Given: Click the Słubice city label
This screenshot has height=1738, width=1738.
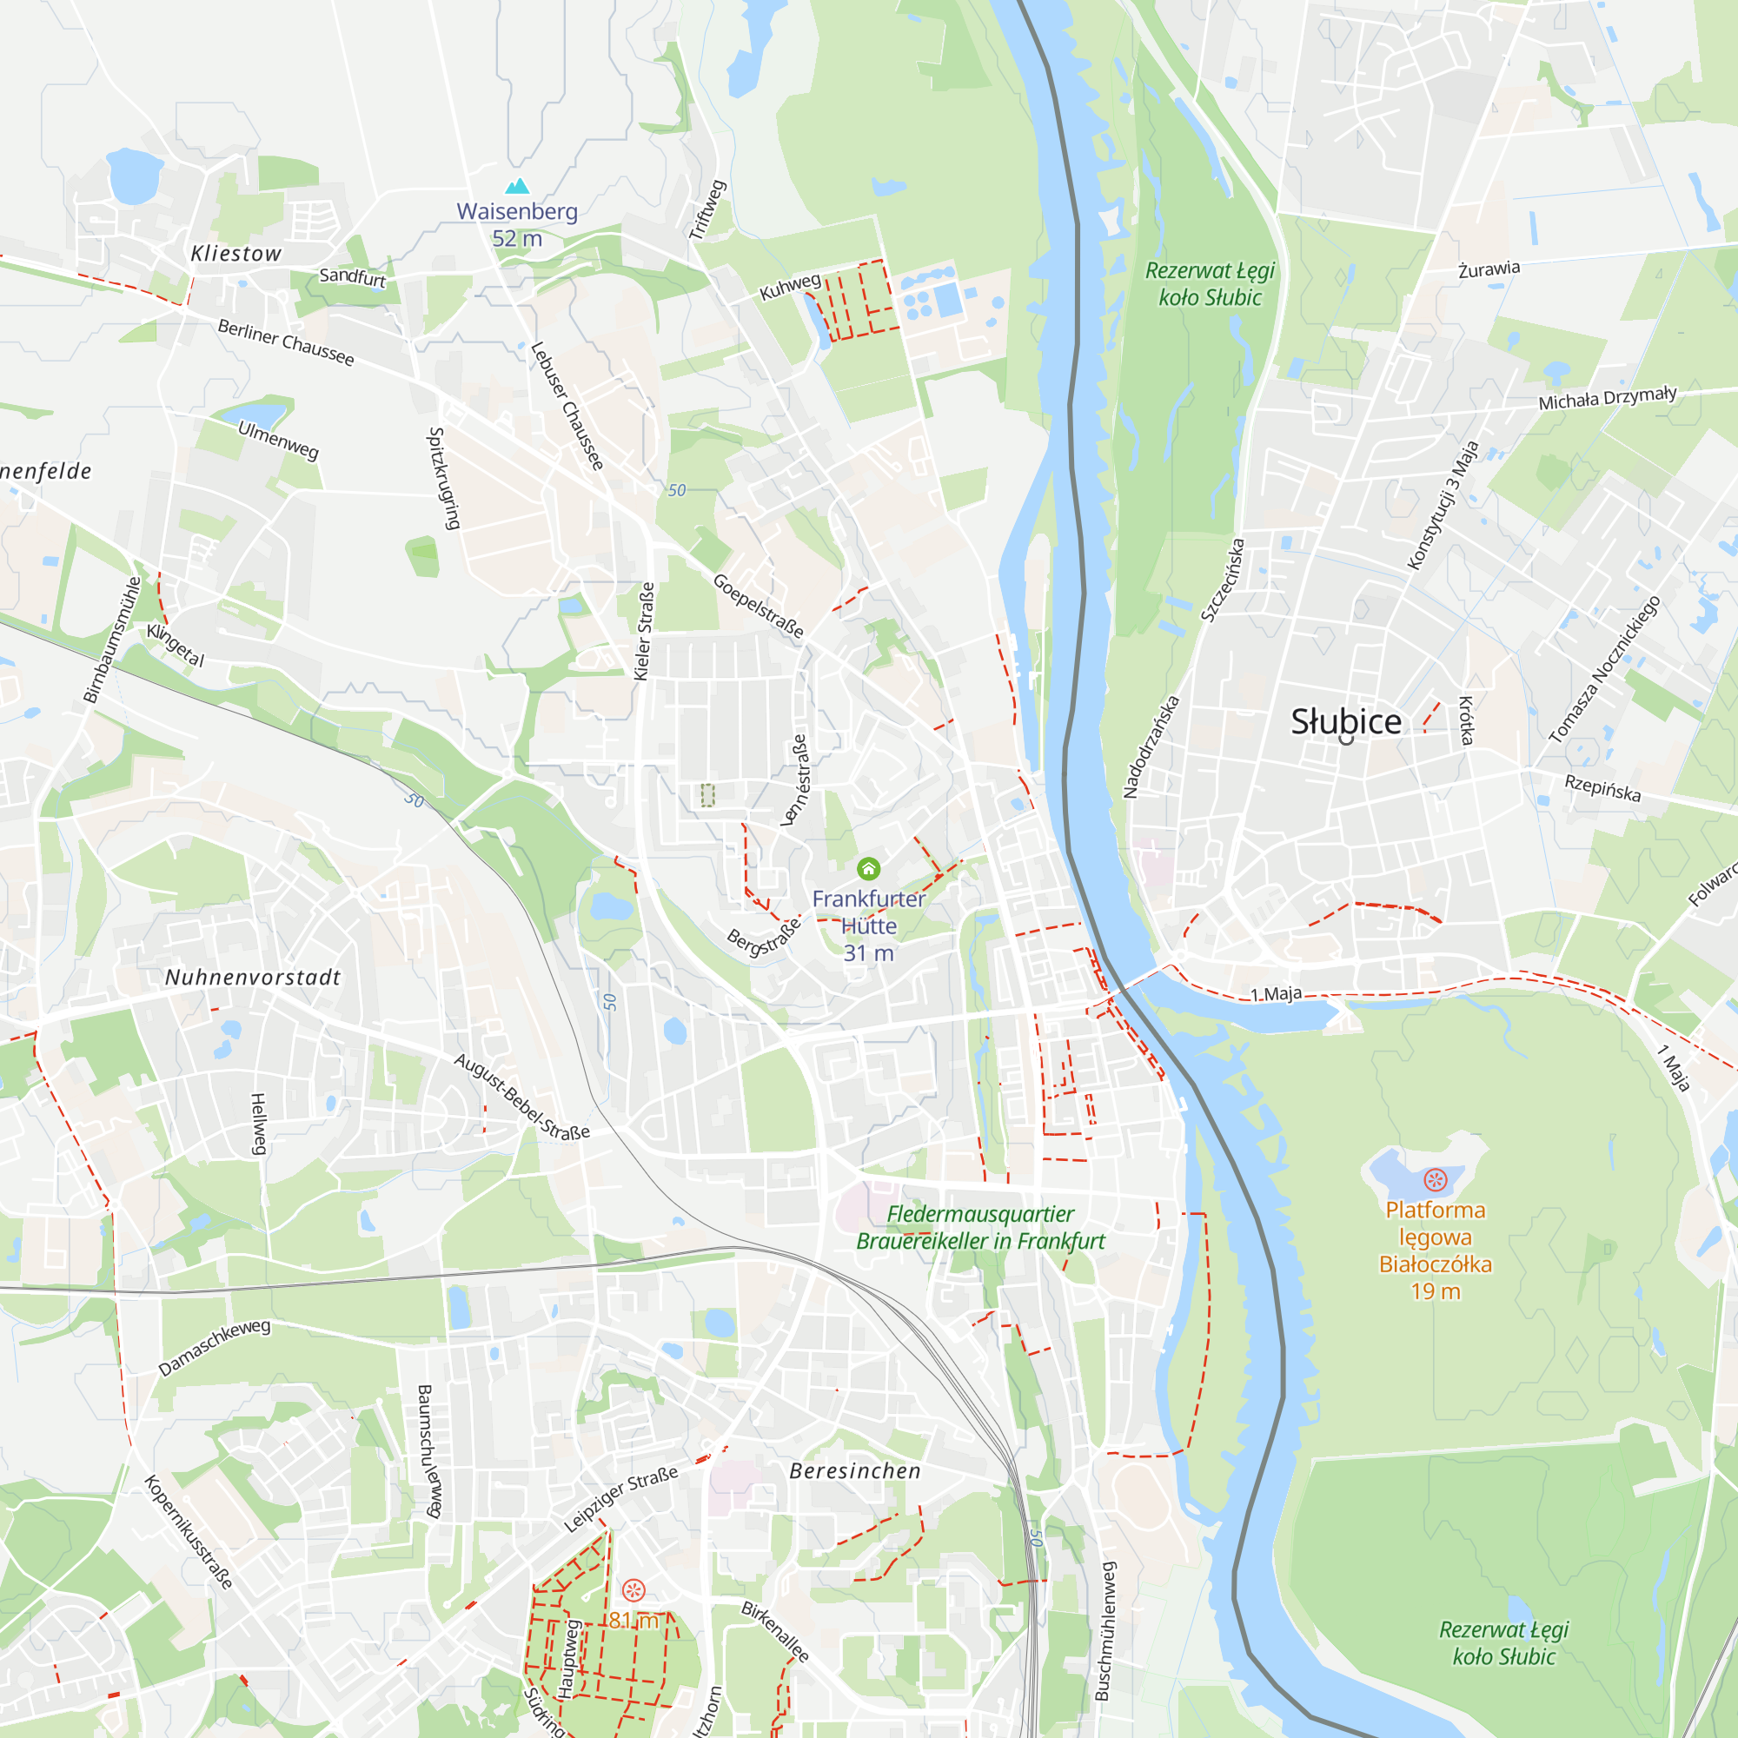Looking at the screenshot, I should click(x=1346, y=721).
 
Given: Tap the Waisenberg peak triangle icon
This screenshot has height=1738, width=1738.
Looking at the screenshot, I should click(x=517, y=186).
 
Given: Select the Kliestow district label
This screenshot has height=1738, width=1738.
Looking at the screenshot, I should click(x=235, y=254).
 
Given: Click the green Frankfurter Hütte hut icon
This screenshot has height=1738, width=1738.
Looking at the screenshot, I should click(x=868, y=868).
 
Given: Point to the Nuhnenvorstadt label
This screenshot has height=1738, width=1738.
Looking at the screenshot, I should click(x=253, y=978).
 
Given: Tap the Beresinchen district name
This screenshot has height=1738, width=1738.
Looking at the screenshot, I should click(x=854, y=1471).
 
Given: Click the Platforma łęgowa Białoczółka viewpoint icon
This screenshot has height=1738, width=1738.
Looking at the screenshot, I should click(x=1436, y=1179).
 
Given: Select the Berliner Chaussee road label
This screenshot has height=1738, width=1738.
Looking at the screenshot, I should click(x=286, y=342).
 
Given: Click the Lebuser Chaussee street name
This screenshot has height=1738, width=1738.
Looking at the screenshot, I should click(x=567, y=406).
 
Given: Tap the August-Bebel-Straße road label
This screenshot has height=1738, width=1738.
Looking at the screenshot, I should click(x=521, y=1097).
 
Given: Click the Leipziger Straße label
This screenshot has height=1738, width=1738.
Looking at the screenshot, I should click(x=620, y=1499).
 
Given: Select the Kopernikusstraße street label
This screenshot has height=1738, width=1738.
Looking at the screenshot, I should click(x=189, y=1532).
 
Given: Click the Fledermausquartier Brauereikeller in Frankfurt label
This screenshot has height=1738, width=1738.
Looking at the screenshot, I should click(x=980, y=1228).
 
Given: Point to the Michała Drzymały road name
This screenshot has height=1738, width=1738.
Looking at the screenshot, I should click(x=1608, y=398).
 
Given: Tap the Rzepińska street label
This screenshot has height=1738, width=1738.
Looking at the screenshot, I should click(x=1603, y=787).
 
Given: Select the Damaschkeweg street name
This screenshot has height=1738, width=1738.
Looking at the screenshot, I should click(x=214, y=1348).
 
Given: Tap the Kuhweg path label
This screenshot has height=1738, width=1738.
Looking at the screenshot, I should click(x=790, y=287).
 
